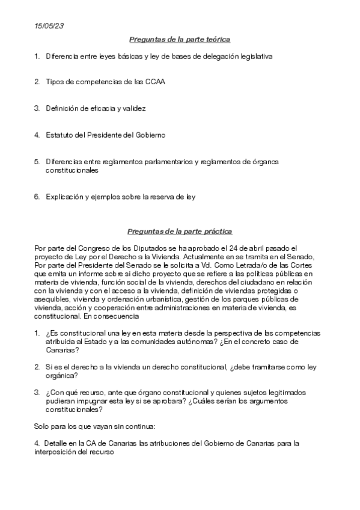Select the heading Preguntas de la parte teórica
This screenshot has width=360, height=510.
(180, 40)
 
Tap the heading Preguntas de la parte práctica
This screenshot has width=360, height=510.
(180, 232)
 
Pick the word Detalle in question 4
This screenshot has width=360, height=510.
(56, 443)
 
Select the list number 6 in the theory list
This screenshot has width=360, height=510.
(37, 197)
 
